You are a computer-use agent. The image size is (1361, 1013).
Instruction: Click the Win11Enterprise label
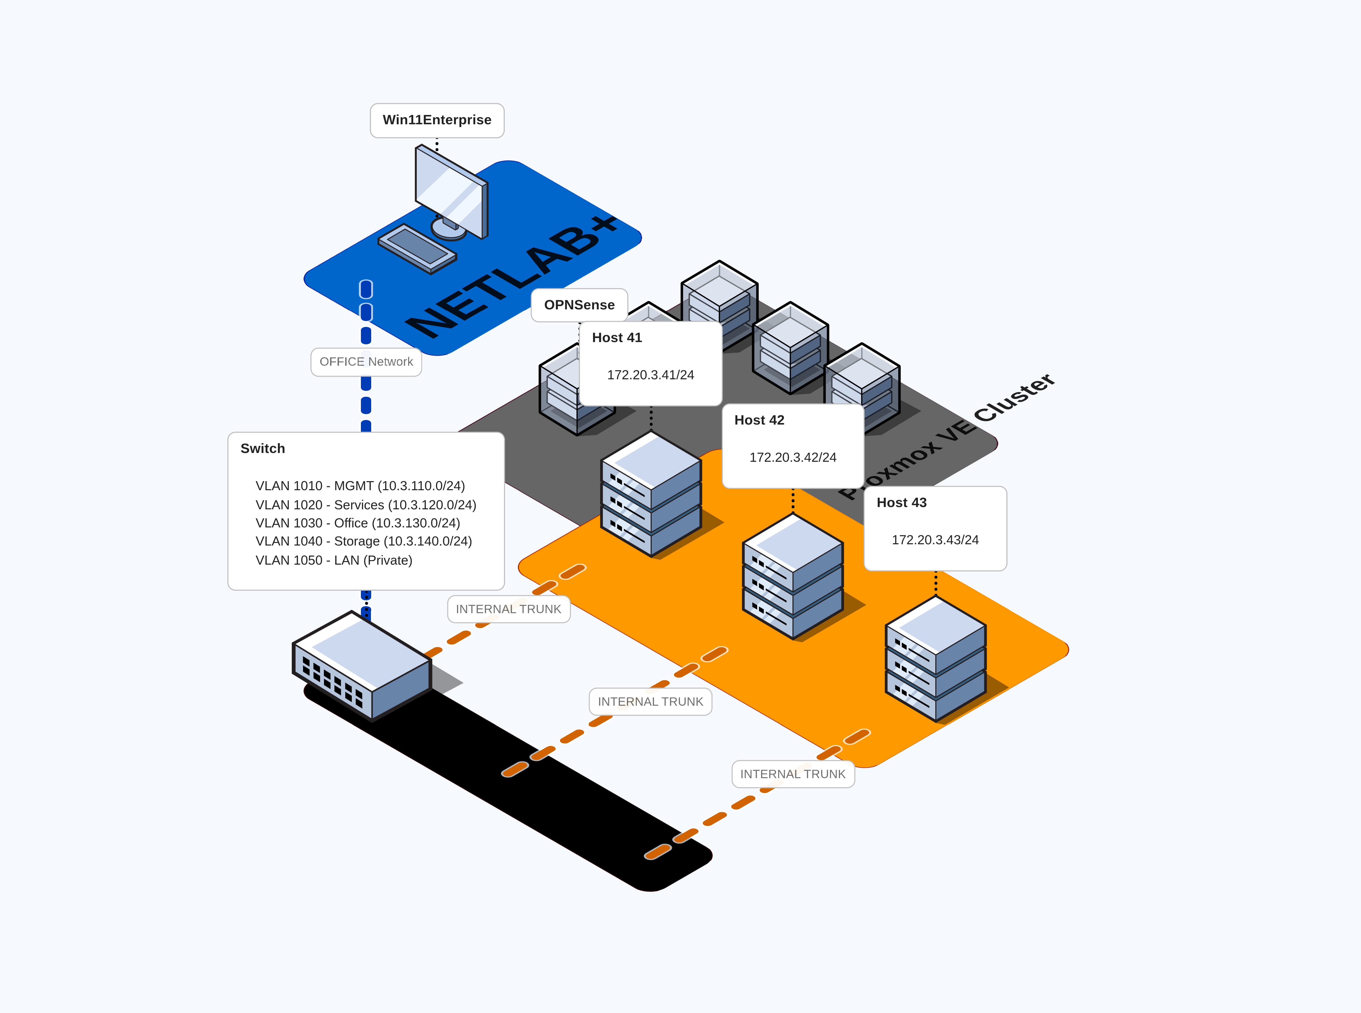tap(437, 120)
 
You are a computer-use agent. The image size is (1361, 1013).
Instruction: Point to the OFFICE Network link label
tap(366, 362)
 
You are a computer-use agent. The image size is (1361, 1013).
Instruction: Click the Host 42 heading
tap(759, 420)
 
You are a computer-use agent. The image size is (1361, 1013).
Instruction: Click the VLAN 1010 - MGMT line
tap(360, 486)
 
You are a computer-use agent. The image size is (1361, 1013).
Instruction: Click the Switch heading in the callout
tap(262, 448)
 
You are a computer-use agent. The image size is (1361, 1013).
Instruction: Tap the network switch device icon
tap(362, 665)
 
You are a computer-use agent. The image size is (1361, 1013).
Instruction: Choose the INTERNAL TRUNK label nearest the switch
tap(508, 609)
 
